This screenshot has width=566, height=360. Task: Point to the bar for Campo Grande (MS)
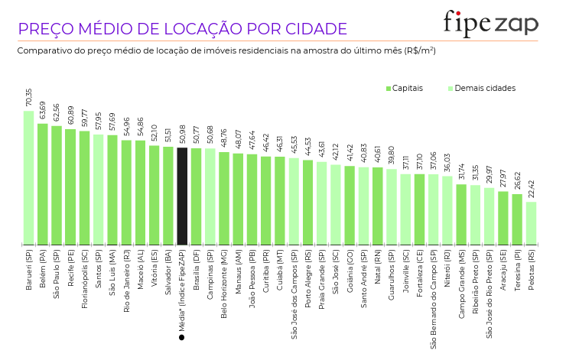pyautogui.click(x=461, y=215)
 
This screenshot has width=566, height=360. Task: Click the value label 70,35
pyautogui.click(x=28, y=98)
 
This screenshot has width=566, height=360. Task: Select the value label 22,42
pyautogui.click(x=531, y=189)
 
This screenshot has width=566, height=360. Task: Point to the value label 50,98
pyautogui.click(x=182, y=135)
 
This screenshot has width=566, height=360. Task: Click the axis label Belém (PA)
pyautogui.click(x=43, y=267)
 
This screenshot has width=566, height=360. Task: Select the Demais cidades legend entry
pyautogui.click(x=481, y=89)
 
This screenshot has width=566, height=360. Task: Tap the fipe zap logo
pyautogui.click(x=490, y=23)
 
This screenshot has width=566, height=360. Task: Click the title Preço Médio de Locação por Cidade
pyautogui.click(x=182, y=29)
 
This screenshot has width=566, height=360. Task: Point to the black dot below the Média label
pyautogui.click(x=182, y=337)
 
